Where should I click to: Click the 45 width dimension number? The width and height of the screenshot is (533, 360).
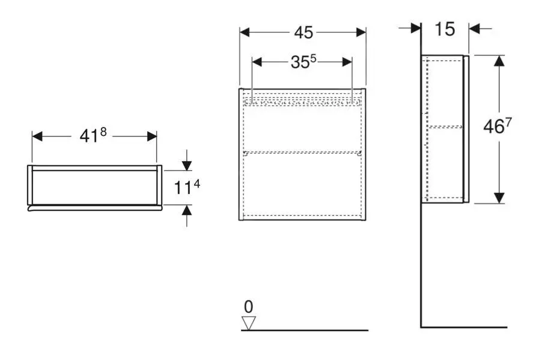(303, 32)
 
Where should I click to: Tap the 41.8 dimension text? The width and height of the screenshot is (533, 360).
(93, 136)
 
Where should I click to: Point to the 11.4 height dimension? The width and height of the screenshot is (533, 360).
(187, 187)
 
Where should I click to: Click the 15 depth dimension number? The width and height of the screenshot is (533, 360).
(445, 28)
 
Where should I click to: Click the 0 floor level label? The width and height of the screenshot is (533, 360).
(248, 307)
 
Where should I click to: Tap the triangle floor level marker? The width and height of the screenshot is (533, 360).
(248, 323)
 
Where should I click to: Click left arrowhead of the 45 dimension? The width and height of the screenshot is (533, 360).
(245, 32)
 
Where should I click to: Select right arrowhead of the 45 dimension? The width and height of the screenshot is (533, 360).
(361, 32)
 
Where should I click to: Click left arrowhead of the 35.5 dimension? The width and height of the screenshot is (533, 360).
(257, 62)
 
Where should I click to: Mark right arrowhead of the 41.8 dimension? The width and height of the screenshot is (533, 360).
(151, 136)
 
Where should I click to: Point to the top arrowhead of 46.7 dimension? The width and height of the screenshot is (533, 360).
(499, 61)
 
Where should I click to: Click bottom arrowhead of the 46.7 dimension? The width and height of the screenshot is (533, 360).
(499, 197)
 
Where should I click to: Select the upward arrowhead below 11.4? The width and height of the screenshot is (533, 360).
(187, 210)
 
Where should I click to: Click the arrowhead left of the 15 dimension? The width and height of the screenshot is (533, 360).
(415, 28)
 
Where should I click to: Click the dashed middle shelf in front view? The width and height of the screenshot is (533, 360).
(303, 151)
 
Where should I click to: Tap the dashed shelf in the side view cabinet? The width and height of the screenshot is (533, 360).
(445, 127)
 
